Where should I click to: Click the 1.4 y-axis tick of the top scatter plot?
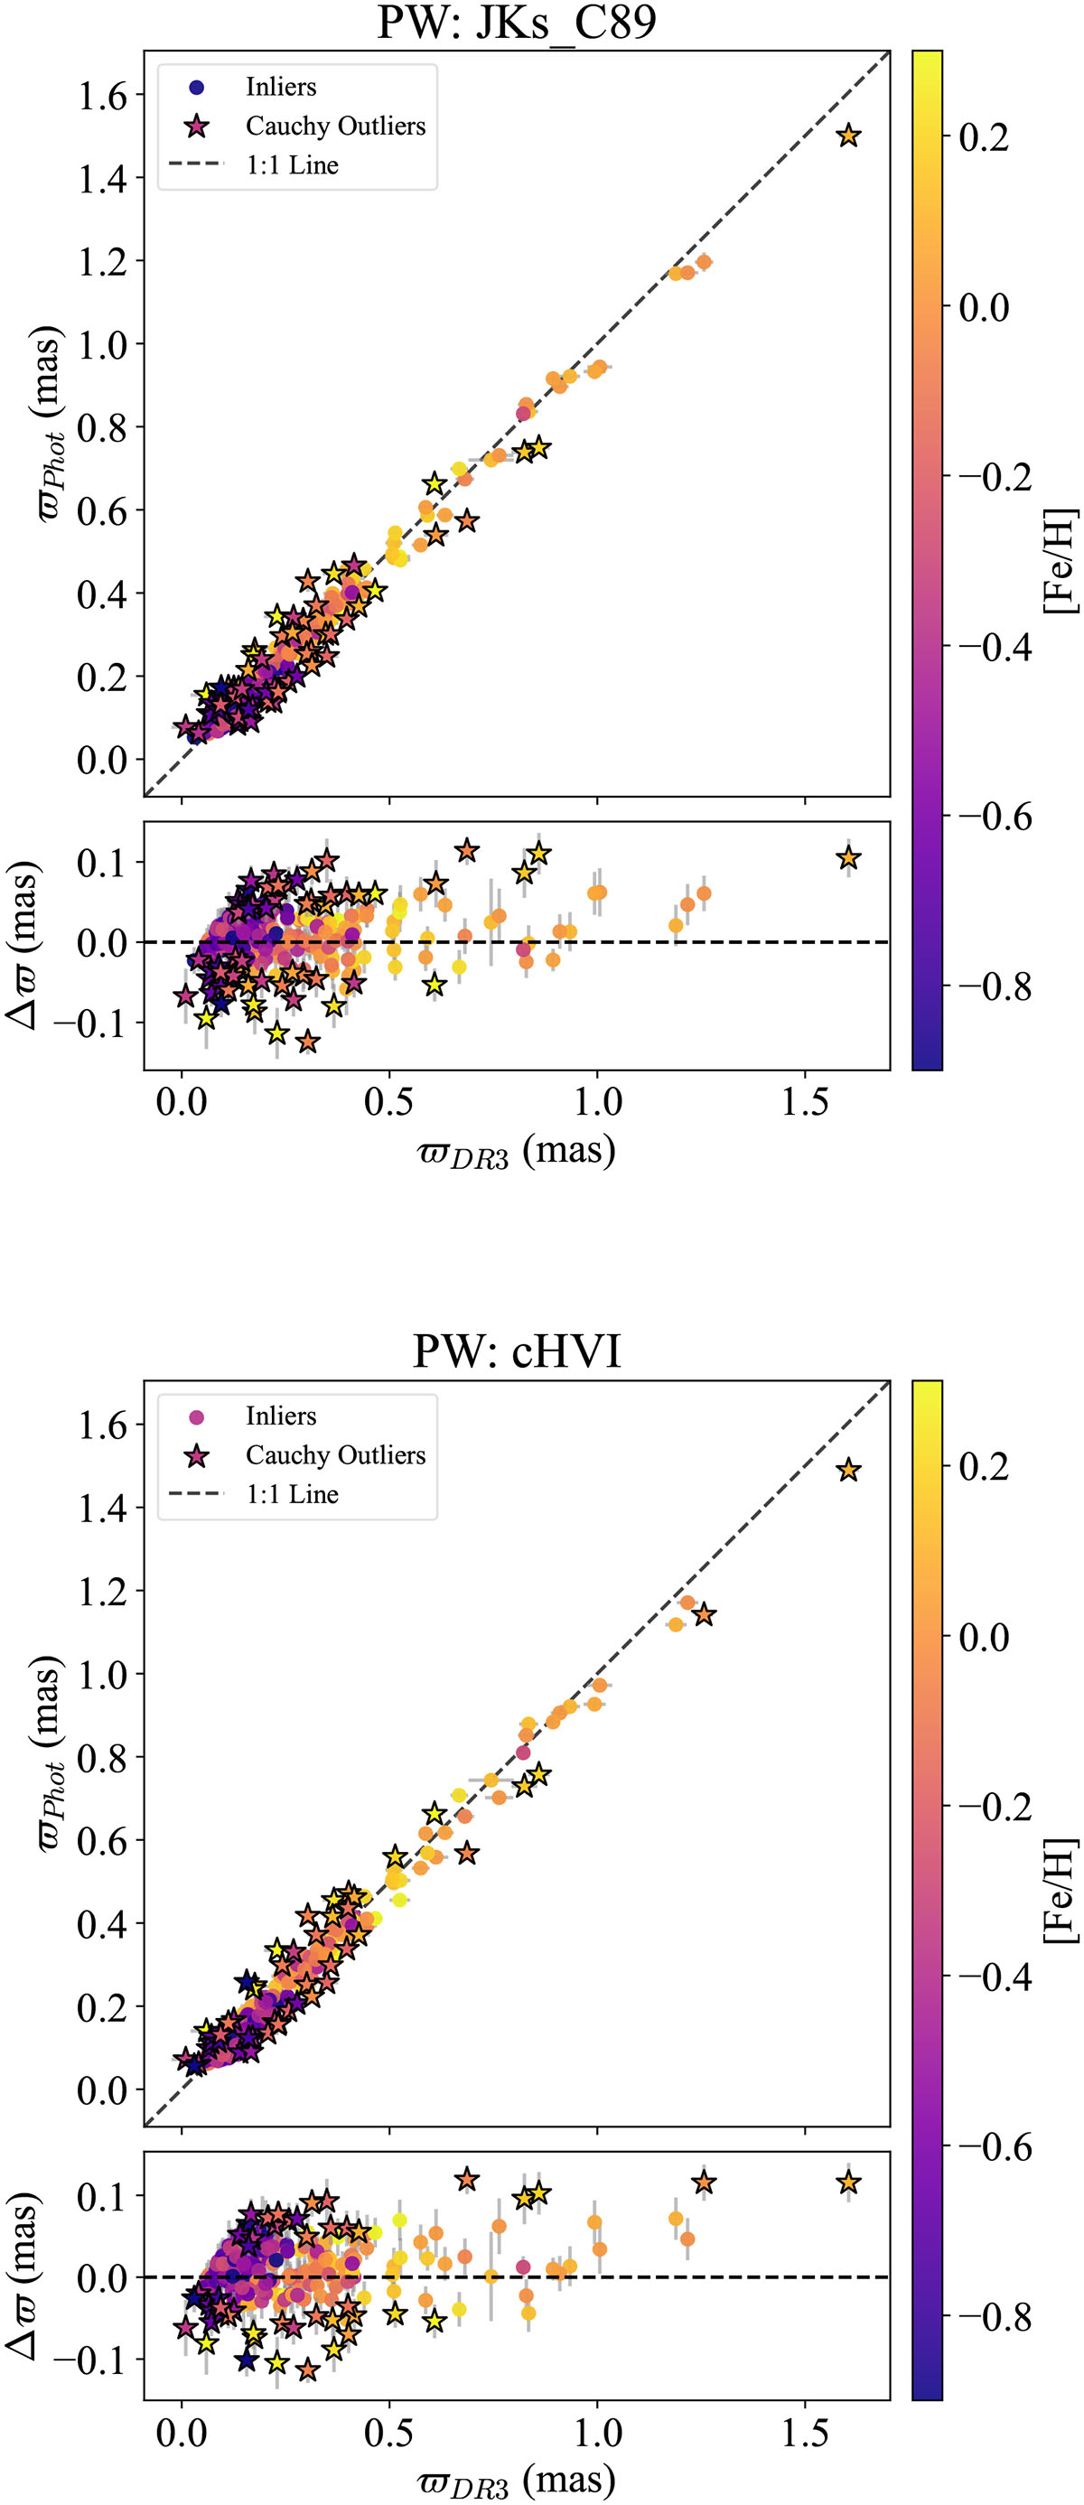click(x=103, y=178)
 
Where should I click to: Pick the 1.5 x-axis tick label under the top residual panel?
click(x=805, y=1103)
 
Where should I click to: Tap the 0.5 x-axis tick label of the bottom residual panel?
click(x=388, y=2432)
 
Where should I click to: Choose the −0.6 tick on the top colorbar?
click(x=994, y=817)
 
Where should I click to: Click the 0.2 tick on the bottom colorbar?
click(x=983, y=1466)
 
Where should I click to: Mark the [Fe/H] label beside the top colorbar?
click(x=1061, y=561)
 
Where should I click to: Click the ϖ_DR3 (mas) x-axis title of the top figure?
click(x=516, y=1154)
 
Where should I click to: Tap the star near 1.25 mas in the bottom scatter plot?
click(x=704, y=1614)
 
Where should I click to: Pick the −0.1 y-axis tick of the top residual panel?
click(x=89, y=1023)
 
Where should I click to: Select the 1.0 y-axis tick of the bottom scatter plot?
click(x=103, y=1674)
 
